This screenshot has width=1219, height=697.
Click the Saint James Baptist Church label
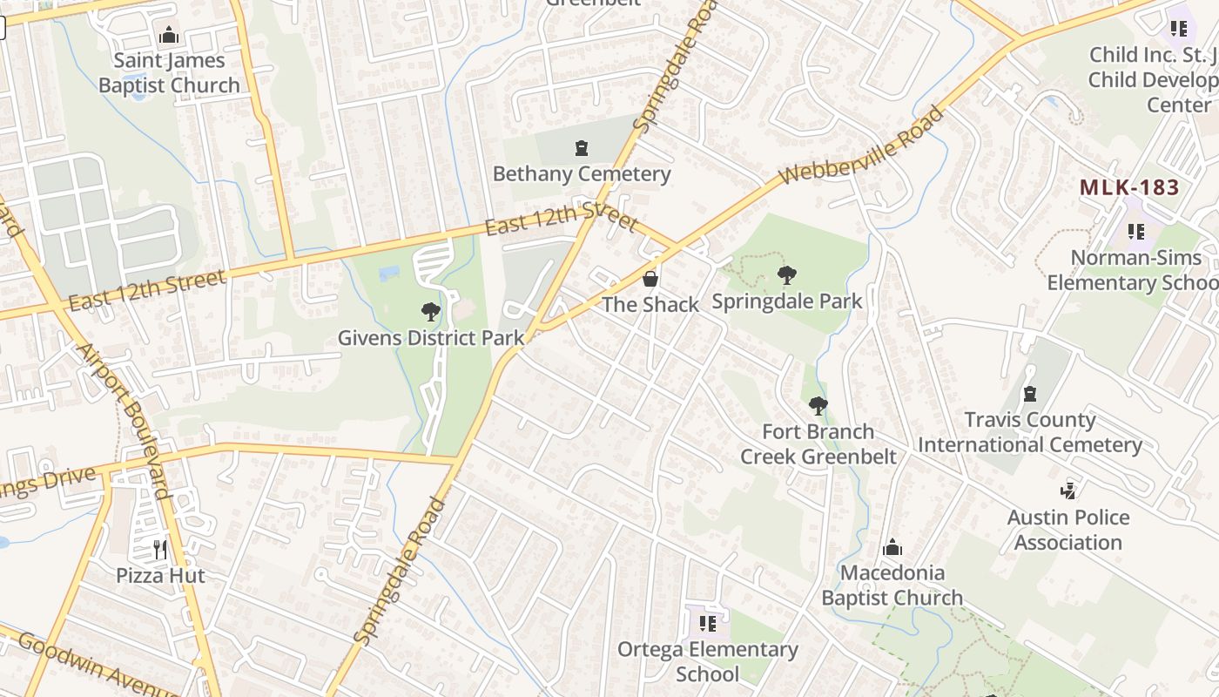coord(169,73)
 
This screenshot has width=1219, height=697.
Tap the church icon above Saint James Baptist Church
coord(169,36)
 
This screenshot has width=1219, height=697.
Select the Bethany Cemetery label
coord(582,173)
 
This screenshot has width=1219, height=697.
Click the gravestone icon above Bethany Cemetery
coord(582,149)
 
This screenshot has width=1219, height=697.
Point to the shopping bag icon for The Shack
coord(650,279)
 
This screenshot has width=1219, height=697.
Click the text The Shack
coord(650,304)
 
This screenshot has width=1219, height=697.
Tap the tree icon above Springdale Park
coord(787,276)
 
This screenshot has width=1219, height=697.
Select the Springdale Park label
coord(787,301)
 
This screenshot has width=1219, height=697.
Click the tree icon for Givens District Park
coord(430,312)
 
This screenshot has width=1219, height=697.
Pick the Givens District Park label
coord(431,338)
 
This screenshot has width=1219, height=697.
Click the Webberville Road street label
coord(861,145)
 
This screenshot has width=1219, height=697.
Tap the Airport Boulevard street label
coord(125,420)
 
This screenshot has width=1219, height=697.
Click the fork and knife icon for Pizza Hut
coord(160,550)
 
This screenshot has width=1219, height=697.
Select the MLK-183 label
coord(1129,187)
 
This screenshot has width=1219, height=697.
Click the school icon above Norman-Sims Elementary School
coord(1136,232)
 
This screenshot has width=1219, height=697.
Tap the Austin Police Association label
coord(1068,530)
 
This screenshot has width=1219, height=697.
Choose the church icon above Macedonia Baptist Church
coord(892,548)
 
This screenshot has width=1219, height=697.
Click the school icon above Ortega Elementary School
coord(708,624)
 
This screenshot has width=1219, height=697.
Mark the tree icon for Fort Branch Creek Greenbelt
coord(818,405)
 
